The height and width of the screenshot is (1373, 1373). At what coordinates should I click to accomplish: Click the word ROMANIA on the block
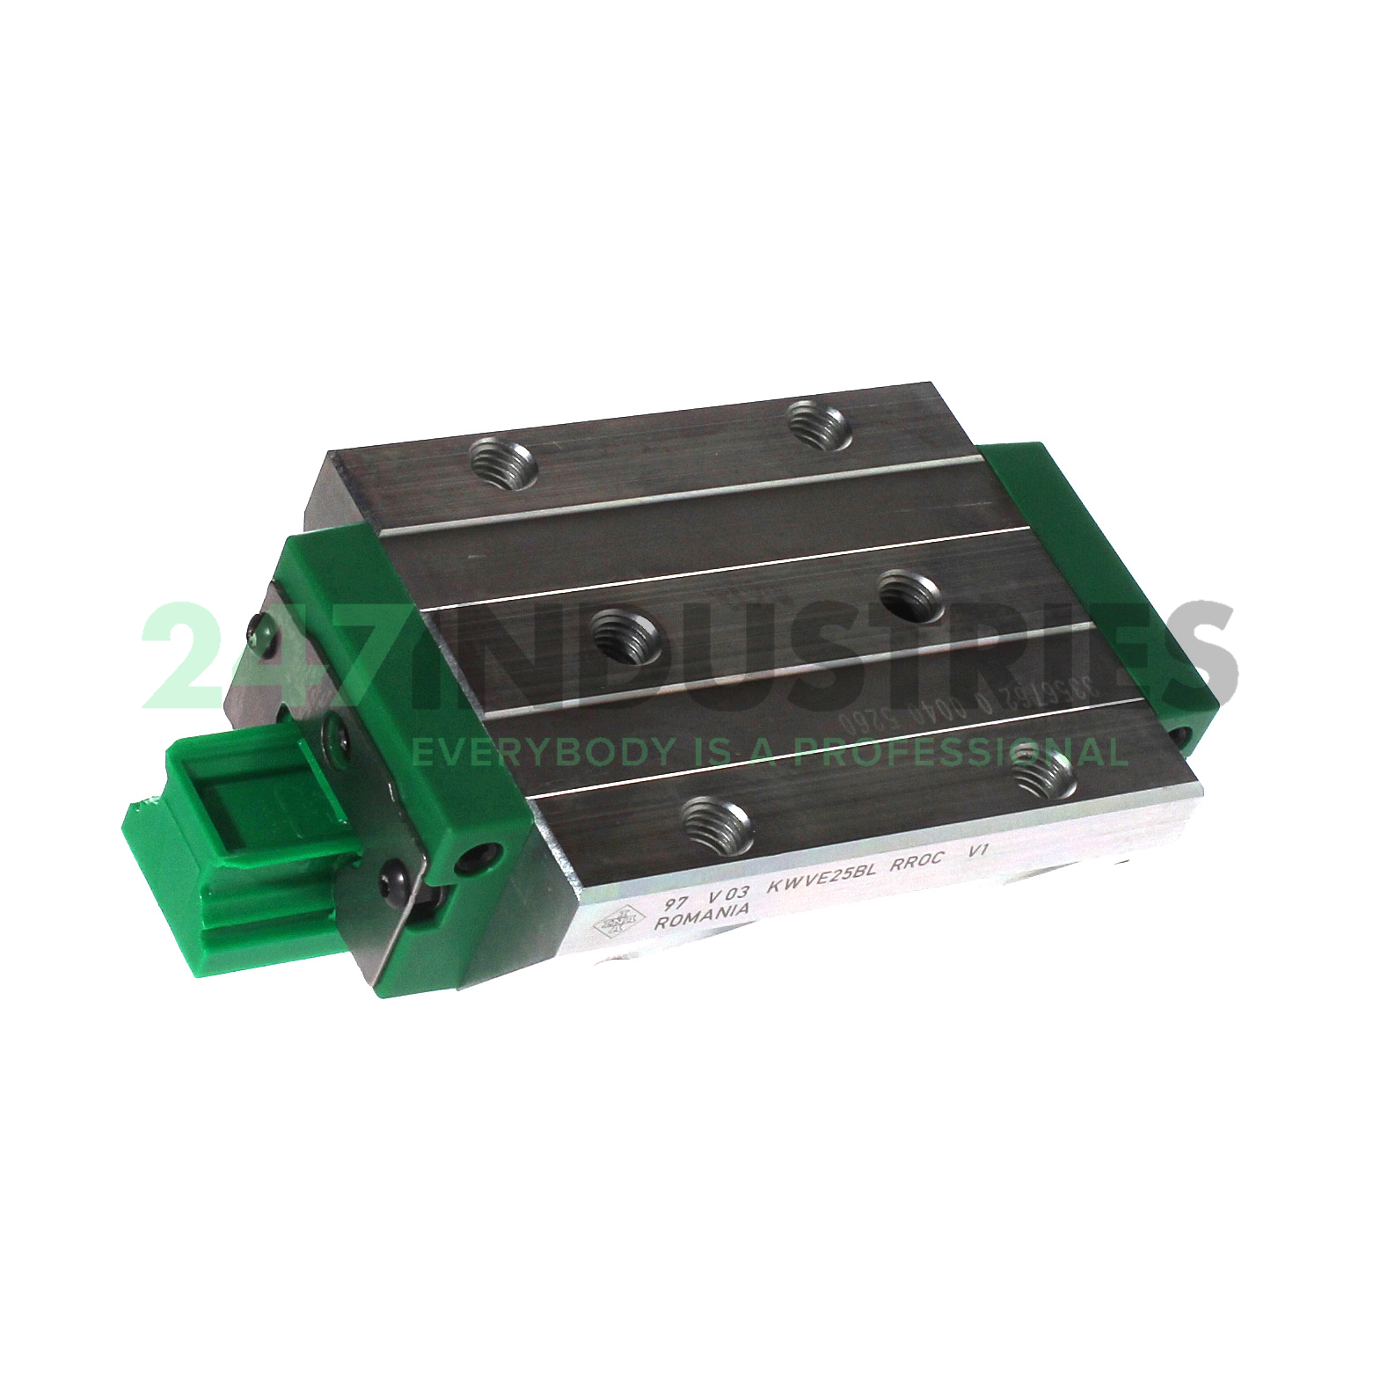702,916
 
